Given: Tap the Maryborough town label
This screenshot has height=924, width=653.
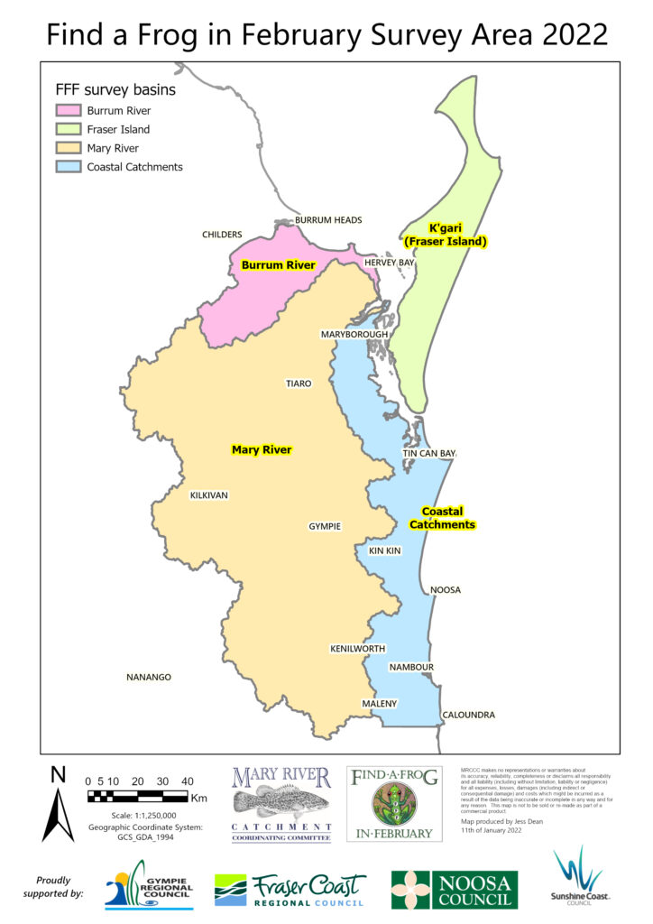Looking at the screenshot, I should click(354, 334).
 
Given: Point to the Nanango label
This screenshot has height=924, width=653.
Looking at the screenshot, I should click(149, 677).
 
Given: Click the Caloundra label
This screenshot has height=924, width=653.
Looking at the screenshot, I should click(468, 715).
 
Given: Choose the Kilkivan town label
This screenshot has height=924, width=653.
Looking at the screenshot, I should click(209, 495).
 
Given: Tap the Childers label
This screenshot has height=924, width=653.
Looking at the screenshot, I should click(222, 235).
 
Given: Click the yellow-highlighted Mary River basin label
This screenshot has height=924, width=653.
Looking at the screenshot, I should click(262, 449).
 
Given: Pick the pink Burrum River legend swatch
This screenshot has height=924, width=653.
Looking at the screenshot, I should click(68, 110).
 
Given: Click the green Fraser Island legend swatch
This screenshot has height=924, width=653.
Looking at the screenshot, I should click(68, 129).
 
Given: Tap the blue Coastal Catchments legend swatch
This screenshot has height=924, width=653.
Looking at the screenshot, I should click(68, 167).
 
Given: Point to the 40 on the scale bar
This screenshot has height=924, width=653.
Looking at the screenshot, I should click(187, 781).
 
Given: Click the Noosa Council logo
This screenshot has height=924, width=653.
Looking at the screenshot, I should click(455, 889).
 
